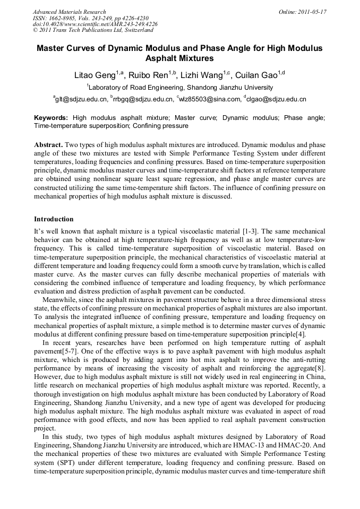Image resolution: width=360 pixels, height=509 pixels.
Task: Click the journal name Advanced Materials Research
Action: pyautogui.click(x=69, y=12)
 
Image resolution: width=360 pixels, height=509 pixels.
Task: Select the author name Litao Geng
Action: pyautogui.click(x=93, y=75)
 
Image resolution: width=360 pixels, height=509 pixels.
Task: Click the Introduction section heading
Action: pyautogui.click(x=54, y=219)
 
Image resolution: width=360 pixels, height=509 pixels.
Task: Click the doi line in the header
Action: pyautogui.click(x=95, y=24)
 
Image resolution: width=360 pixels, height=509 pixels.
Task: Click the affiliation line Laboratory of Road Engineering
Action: pyautogui.click(x=180, y=87)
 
